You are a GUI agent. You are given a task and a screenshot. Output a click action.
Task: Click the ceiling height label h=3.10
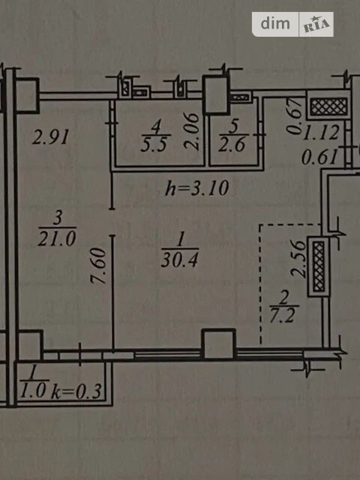pyautogui.click(x=196, y=188)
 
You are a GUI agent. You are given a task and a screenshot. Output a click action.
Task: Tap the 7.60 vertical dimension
pyautogui.click(x=99, y=265)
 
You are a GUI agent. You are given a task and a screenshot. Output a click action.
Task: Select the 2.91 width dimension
pyautogui.click(x=51, y=136)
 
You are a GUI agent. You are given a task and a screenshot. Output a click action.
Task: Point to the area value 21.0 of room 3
pyautogui.click(x=57, y=238)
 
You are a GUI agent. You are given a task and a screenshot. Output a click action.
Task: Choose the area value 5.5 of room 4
pyautogui.click(x=154, y=144)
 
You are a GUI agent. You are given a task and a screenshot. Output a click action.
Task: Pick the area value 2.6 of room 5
pyautogui.click(x=232, y=144)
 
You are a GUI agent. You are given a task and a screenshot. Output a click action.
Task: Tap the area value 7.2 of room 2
pyautogui.click(x=282, y=315)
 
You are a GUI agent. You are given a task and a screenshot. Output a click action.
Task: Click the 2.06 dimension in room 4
pyautogui.click(x=192, y=131)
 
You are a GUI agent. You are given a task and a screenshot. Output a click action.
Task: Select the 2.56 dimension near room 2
pyautogui.click(x=298, y=259)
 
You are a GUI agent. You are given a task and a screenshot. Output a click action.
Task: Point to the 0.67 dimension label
pyautogui.click(x=294, y=115)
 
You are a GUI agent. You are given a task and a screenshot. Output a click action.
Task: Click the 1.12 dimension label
pyautogui.click(x=321, y=133)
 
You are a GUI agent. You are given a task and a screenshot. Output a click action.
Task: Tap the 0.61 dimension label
pyautogui.click(x=319, y=157)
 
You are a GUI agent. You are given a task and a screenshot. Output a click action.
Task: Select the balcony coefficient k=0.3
pyautogui.click(x=76, y=391)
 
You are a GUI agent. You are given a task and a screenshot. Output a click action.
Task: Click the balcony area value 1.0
pyautogui.click(x=33, y=391)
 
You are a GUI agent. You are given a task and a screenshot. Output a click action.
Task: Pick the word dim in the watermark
pyautogui.click(x=275, y=23)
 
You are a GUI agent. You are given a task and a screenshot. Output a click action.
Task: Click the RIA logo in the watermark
pyautogui.click(x=316, y=25)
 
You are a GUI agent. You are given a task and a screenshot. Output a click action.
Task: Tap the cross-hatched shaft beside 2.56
pyautogui.click(x=319, y=266)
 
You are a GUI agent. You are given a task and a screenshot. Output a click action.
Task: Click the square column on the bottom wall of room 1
pyautogui.click(x=219, y=343)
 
